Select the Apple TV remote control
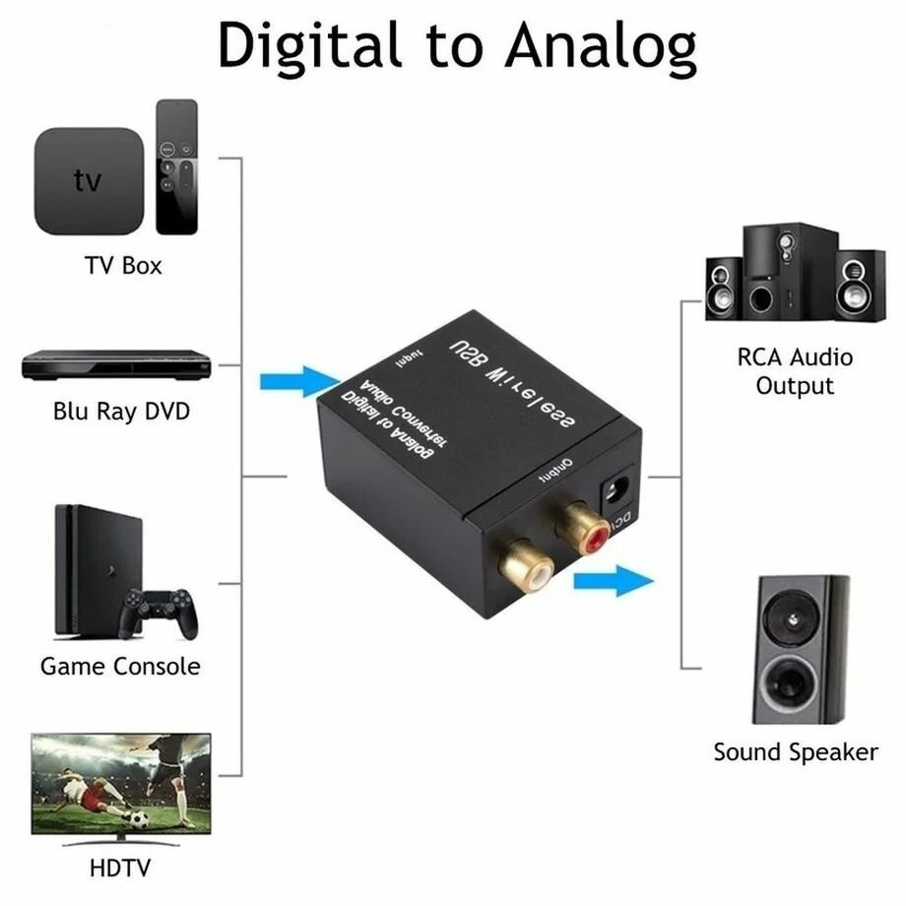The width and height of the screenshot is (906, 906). pyautogui.click(x=176, y=165)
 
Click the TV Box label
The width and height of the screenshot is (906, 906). pyautogui.click(x=122, y=265)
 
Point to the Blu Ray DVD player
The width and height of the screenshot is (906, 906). pyautogui.click(x=118, y=365)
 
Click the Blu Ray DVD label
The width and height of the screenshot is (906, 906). pyautogui.click(x=121, y=411)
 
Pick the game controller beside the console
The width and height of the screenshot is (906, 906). pyautogui.click(x=159, y=613)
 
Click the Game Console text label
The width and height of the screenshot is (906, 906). pyautogui.click(x=120, y=667)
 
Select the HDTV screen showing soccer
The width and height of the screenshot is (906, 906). pyautogui.click(x=121, y=784)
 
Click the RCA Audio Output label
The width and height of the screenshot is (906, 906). pyautogui.click(x=795, y=370)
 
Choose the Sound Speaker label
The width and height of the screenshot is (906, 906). pyautogui.click(x=795, y=752)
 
